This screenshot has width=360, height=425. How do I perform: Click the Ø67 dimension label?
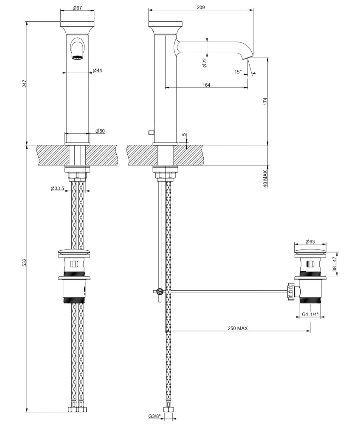pyautogui.click(x=77, y=8)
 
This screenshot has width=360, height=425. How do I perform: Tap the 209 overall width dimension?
pyautogui.click(x=200, y=7)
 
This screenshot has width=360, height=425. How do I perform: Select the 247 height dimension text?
pyautogui.click(x=25, y=83)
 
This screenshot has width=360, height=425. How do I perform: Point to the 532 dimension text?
pyautogui.click(x=25, y=262)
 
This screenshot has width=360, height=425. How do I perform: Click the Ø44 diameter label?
pyautogui.click(x=98, y=70)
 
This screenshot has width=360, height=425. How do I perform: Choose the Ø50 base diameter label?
pyautogui.click(x=100, y=131)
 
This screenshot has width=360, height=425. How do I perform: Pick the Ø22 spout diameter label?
pyautogui.click(x=205, y=62)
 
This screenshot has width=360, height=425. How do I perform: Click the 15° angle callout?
pyautogui.click(x=238, y=72)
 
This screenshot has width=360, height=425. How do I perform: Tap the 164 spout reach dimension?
pyautogui.click(x=206, y=85)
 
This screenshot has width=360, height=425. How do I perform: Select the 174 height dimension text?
pyautogui.click(x=265, y=102)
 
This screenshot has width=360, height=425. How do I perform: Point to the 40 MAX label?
pyautogui.click(x=265, y=178)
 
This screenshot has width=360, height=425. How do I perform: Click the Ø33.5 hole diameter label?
pyautogui.click(x=57, y=188)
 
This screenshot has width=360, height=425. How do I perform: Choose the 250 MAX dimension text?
pyautogui.click(x=238, y=328)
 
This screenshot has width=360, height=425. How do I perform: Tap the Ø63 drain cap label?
pyautogui.click(x=310, y=241)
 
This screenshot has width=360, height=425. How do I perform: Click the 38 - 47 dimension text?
pyautogui.click(x=335, y=264)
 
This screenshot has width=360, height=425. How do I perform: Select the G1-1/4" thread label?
pyautogui.click(x=310, y=314)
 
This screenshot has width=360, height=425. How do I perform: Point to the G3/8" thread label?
pyautogui.click(x=154, y=416)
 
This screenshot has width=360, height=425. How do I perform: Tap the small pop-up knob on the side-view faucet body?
pyautogui.click(x=151, y=132)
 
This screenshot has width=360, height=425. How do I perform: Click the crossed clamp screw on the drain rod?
pyautogui.click(x=160, y=292)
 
